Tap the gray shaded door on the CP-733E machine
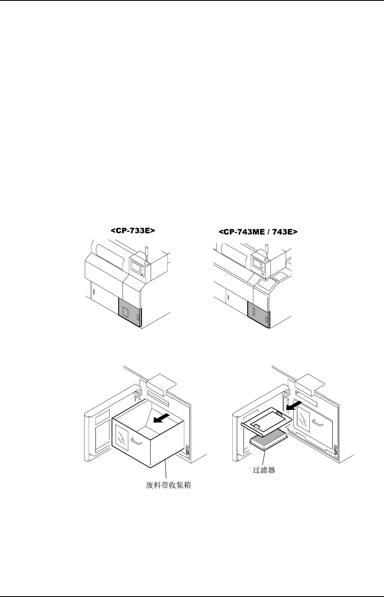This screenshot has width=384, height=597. (130, 312)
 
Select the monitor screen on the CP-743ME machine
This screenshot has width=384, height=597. (257, 263)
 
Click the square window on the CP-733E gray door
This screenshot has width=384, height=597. (125, 312)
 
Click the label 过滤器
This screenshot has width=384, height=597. (264, 470)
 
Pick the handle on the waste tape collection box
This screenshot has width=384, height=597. (136, 440)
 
